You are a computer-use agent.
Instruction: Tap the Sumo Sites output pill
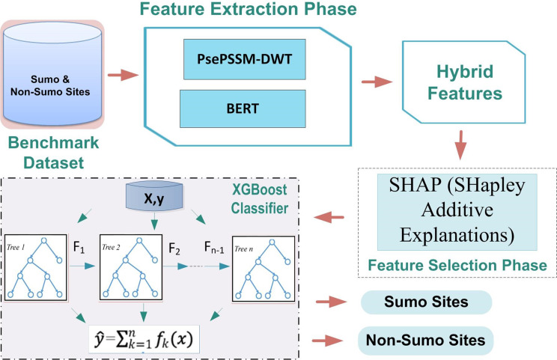425,302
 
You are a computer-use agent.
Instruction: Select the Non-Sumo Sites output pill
425,341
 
